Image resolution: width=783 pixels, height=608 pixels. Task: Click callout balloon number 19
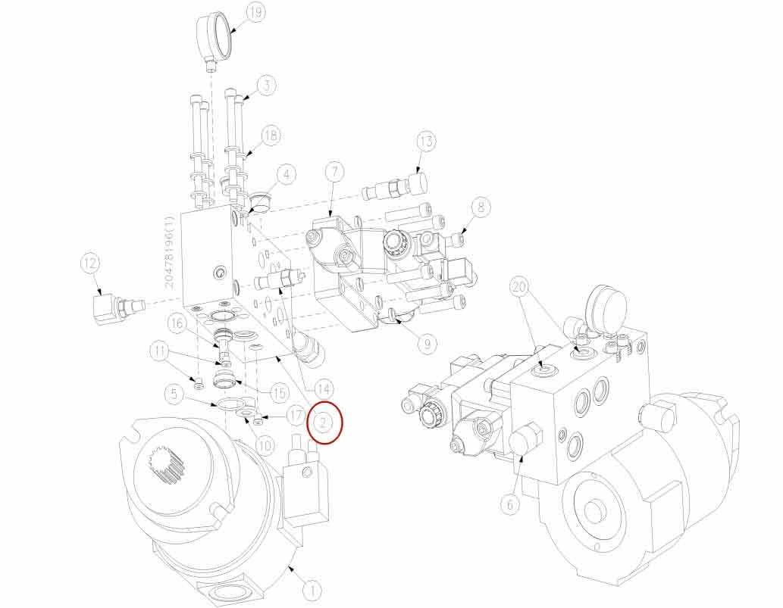click(x=255, y=14)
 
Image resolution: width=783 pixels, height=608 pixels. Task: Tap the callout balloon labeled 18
click(x=271, y=136)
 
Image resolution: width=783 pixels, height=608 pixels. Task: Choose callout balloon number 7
click(x=334, y=172)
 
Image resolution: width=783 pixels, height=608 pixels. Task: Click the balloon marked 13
click(x=427, y=142)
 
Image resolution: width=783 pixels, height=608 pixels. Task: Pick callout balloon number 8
click(x=481, y=206)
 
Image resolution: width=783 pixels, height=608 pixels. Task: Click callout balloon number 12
click(x=90, y=263)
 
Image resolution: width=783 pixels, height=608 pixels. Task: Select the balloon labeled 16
click(x=177, y=323)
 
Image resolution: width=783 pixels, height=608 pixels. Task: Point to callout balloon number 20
click(x=519, y=287)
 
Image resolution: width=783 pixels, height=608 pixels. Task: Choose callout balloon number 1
click(x=312, y=588)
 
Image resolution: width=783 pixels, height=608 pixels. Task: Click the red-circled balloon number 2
click(x=326, y=421)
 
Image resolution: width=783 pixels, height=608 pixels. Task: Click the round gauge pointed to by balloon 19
click(x=215, y=36)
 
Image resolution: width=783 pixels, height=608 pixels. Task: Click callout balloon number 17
click(x=294, y=416)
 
